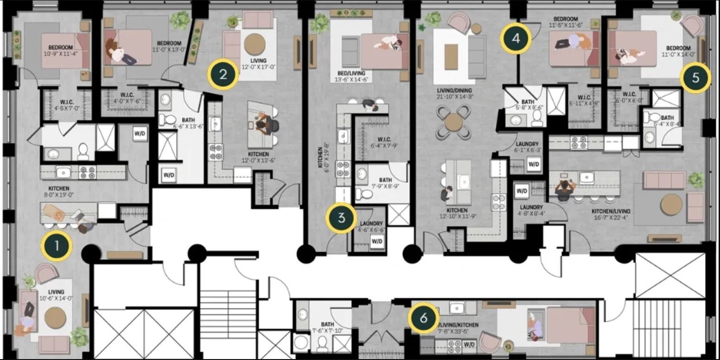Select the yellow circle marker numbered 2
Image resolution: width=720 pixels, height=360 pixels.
(x=223, y=74)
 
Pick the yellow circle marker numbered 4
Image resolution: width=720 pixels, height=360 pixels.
(x=515, y=39)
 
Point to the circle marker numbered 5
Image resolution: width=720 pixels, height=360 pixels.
(x=695, y=78)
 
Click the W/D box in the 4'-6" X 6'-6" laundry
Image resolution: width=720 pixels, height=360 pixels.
(x=377, y=241)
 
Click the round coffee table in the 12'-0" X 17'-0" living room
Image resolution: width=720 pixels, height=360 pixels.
(x=255, y=45)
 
